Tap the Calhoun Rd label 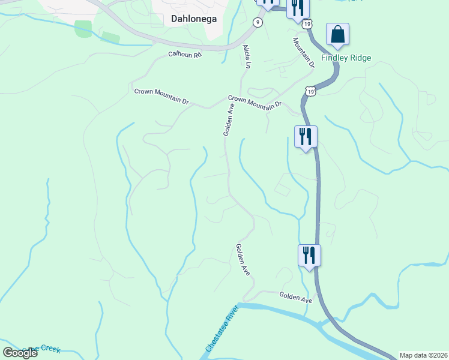(x=185, y=55)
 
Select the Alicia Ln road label (x=246, y=56)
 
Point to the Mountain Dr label (x=304, y=52)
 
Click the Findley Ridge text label (x=346, y=58)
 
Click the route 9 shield (x=258, y=22)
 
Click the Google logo (x=20, y=353)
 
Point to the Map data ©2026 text (x=423, y=355)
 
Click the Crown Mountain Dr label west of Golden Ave (x=161, y=97)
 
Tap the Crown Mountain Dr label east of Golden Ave (x=255, y=102)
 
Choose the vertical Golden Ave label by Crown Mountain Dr (x=229, y=119)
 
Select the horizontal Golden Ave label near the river (x=295, y=297)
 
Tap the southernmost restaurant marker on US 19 (x=309, y=255)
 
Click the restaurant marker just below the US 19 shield (x=306, y=137)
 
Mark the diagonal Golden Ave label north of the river (x=243, y=259)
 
